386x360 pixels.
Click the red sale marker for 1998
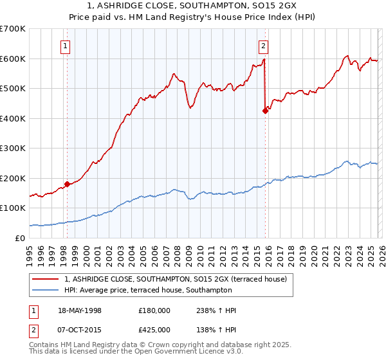point(67,184)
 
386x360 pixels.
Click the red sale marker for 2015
point(264,111)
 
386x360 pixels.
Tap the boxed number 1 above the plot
point(66,46)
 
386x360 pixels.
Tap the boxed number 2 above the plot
point(264,46)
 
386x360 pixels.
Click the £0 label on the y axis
point(19,238)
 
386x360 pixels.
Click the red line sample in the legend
point(46,278)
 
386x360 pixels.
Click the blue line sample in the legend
point(46,291)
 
